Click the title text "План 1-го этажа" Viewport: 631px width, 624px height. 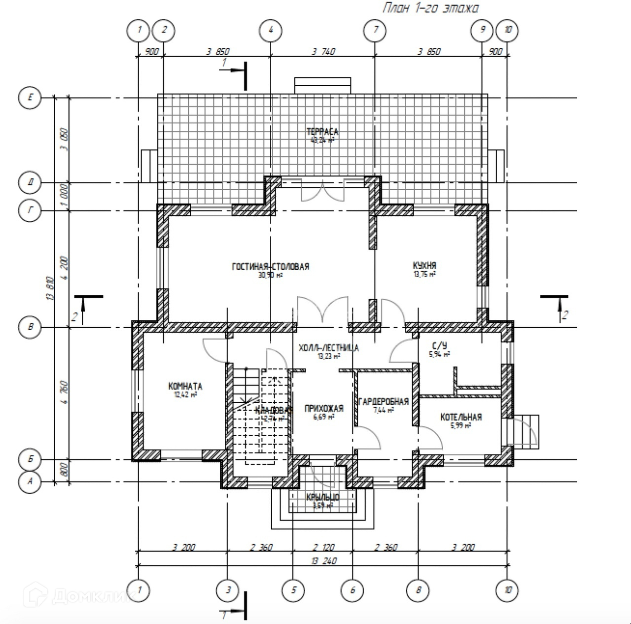point(430,8)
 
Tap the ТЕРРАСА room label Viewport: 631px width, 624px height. point(322,132)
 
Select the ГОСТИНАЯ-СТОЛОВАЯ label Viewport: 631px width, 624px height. point(271,267)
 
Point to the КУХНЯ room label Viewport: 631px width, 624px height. point(424,266)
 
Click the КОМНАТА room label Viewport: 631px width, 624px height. point(185,386)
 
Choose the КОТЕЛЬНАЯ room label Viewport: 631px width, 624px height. point(461,417)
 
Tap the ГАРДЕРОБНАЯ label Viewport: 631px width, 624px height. point(384,402)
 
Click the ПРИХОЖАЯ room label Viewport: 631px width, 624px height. point(324,409)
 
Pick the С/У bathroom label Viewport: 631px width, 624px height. point(439,346)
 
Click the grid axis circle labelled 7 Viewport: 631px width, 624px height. point(376,30)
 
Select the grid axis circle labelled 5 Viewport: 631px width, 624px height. point(294,590)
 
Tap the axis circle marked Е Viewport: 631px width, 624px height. point(31,98)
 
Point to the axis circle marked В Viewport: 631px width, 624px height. point(31,327)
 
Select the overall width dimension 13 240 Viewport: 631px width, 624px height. point(323,561)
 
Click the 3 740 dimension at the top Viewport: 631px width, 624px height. point(323,51)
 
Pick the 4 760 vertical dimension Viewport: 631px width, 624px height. point(64,394)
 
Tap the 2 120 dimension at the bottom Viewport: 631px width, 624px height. point(323,547)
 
